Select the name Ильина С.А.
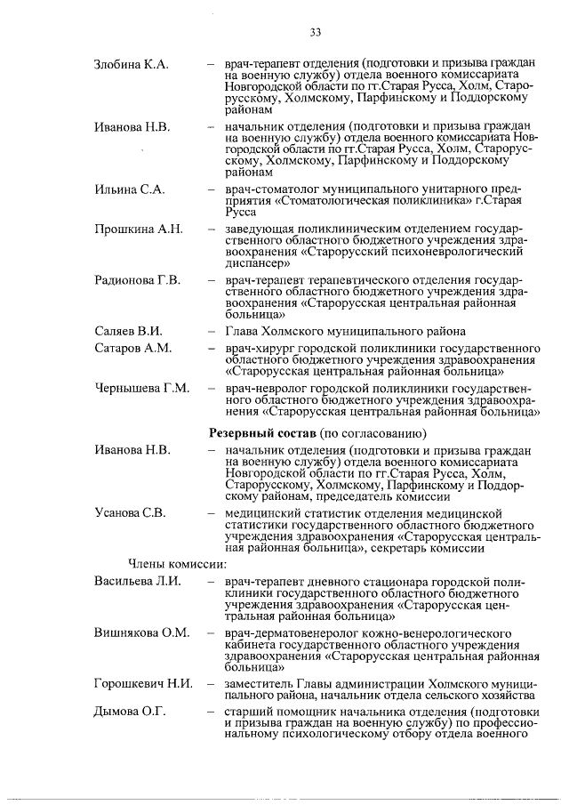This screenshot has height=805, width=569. pyautogui.click(x=129, y=190)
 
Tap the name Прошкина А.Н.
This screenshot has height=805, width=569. pyautogui.click(x=139, y=229)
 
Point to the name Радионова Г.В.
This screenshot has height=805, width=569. pyautogui.click(x=138, y=280)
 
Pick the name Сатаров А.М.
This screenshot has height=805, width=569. pyautogui.click(x=132, y=348)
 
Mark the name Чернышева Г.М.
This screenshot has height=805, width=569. pyautogui.click(x=141, y=389)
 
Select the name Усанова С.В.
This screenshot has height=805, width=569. pyautogui.click(x=130, y=512)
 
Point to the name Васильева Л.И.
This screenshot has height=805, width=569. pyautogui.click(x=138, y=581)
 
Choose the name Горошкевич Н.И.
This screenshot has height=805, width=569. pyautogui.click(x=144, y=682)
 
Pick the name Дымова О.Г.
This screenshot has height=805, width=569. pyautogui.click(x=131, y=712)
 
